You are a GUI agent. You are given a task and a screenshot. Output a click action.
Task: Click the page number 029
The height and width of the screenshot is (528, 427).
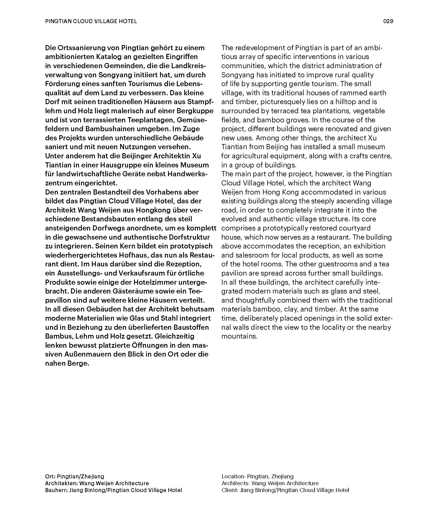388,21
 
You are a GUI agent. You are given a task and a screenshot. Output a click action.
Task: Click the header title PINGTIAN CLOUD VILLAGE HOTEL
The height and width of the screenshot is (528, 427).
91,21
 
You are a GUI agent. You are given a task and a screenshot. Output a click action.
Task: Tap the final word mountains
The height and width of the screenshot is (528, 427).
239,336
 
